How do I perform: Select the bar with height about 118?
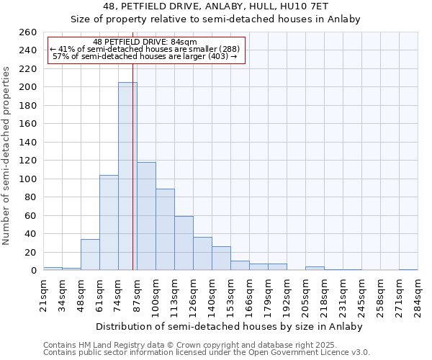click(146, 216)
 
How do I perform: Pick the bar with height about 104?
click(109, 222)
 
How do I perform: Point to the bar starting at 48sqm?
click(90, 255)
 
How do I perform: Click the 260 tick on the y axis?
click(28, 32)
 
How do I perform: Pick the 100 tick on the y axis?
click(28, 179)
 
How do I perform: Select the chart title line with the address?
click(215, 6)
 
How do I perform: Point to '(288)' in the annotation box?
click(228, 49)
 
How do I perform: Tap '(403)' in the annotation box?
click(217, 56)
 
